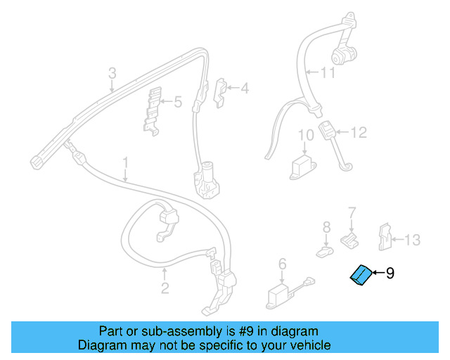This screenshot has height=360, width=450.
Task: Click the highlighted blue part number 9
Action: point(361,276)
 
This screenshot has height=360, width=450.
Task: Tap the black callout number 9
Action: point(390,273)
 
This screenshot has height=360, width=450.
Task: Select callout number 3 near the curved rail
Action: point(112,73)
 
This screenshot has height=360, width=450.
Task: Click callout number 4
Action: point(245,88)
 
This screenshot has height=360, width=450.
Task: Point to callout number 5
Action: point(178,102)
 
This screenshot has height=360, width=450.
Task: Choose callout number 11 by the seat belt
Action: point(328,72)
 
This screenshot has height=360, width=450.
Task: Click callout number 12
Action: point(359,133)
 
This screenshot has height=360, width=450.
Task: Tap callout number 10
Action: point(306,135)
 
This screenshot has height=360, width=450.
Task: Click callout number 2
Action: point(165,288)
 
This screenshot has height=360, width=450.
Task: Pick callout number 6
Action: point(283,264)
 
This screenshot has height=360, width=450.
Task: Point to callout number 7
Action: point(352,213)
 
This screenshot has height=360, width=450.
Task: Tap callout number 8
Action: point(326,227)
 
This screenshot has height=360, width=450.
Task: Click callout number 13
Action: point(413,240)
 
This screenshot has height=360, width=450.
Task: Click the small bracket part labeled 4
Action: point(220,93)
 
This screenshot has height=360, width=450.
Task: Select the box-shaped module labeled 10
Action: point(303,167)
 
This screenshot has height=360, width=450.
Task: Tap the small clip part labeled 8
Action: point(325,252)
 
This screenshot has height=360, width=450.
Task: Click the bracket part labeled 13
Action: point(385,237)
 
